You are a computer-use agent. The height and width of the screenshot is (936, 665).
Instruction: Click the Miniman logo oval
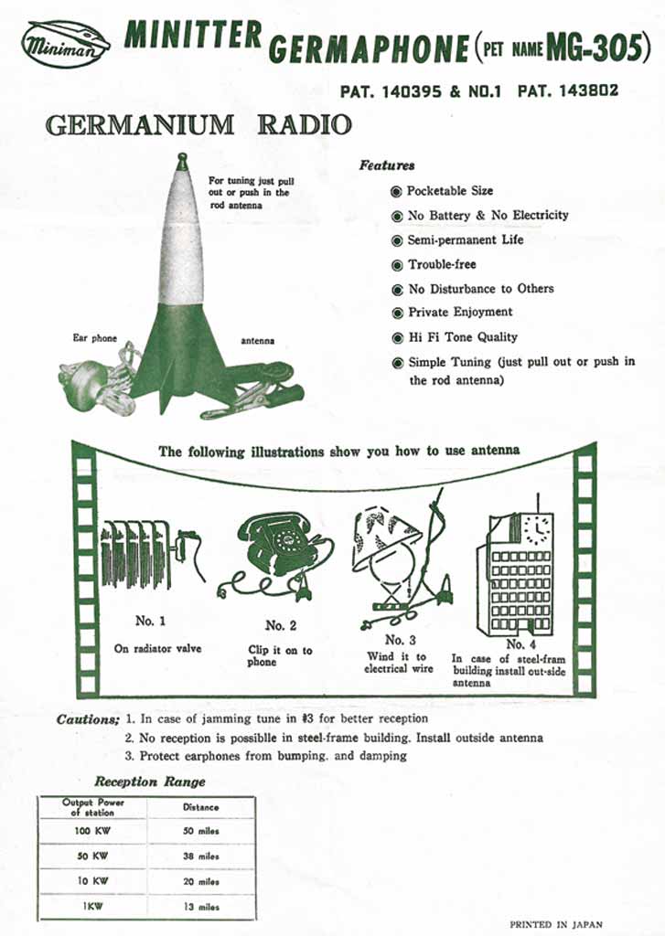tap(66, 43)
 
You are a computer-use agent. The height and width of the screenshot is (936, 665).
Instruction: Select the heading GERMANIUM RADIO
tap(198, 124)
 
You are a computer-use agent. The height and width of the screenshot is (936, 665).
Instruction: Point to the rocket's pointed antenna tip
tap(182, 160)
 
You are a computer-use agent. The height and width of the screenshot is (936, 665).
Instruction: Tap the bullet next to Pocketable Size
tap(396, 191)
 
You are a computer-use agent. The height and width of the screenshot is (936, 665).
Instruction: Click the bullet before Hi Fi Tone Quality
tap(397, 337)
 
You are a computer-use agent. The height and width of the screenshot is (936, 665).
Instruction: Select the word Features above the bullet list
tap(386, 165)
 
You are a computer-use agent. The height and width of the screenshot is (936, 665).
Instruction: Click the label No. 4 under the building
tap(516, 643)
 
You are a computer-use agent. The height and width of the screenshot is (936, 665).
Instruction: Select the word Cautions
tap(88, 719)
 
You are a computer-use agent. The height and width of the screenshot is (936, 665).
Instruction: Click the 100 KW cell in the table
tap(92, 831)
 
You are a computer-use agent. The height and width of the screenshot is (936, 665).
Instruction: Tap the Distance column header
tap(200, 807)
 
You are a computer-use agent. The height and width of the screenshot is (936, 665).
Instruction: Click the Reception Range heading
tap(150, 782)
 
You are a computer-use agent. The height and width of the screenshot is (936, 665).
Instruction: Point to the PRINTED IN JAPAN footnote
tap(555, 924)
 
